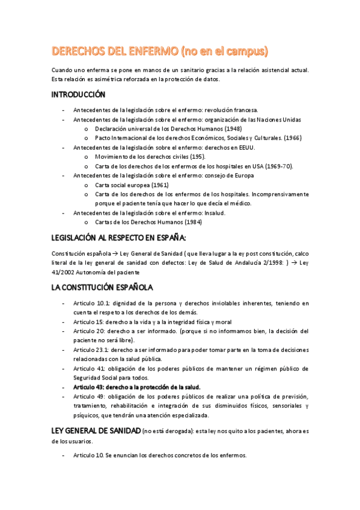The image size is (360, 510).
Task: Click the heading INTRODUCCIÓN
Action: [x=78, y=95]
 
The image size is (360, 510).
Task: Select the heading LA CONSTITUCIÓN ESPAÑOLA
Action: [x=102, y=287]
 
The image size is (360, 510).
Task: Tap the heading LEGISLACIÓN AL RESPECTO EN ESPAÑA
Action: [x=118, y=238]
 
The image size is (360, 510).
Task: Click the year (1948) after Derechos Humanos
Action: [x=233, y=129]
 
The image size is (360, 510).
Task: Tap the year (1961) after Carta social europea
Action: [x=158, y=185]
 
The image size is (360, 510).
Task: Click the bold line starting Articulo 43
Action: [x=136, y=387]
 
